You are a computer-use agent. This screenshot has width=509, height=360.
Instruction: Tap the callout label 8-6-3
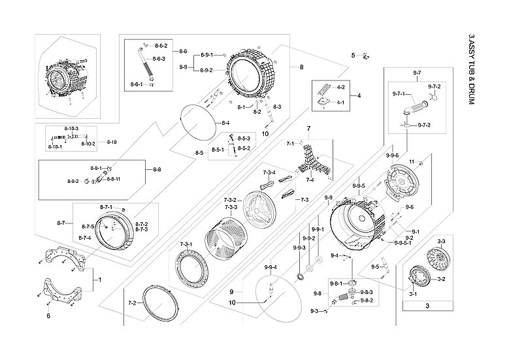pos(158,59)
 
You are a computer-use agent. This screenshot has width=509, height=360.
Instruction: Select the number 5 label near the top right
pos(353,55)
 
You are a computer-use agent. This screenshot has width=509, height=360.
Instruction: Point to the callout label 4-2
pos(340,87)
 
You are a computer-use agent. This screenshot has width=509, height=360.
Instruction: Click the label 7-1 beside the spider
pos(291,142)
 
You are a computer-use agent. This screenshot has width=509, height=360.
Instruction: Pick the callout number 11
pos(412,161)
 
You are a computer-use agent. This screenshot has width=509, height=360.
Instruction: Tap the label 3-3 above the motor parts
pos(441,242)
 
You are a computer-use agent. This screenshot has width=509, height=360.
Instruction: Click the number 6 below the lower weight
pos(48,316)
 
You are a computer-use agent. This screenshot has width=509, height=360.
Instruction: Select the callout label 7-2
pos(132,303)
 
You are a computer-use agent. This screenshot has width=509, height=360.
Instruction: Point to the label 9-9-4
pos(271,267)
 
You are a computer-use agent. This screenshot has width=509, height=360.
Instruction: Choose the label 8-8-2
pos(73,181)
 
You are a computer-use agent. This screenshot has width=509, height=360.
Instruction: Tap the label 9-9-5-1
pos(403,242)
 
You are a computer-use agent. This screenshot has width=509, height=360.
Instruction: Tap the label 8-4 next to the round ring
pos(225,123)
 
